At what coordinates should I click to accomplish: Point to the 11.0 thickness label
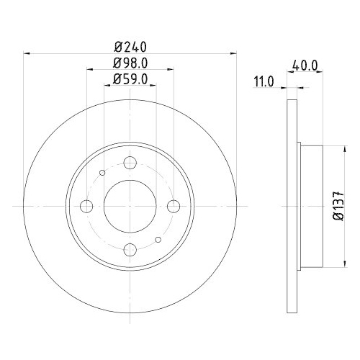click(x=264, y=81)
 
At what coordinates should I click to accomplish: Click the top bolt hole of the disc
click(x=130, y=163)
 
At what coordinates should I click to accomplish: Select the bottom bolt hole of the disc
click(x=130, y=249)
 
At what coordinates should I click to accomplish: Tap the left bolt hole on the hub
click(x=87, y=207)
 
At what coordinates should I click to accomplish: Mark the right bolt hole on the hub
click(x=174, y=207)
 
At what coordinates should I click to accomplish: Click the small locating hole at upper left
click(x=102, y=172)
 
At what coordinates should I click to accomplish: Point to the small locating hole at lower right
click(x=158, y=240)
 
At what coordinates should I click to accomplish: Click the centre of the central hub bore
click(x=130, y=206)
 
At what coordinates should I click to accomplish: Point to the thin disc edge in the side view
click(x=292, y=206)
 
